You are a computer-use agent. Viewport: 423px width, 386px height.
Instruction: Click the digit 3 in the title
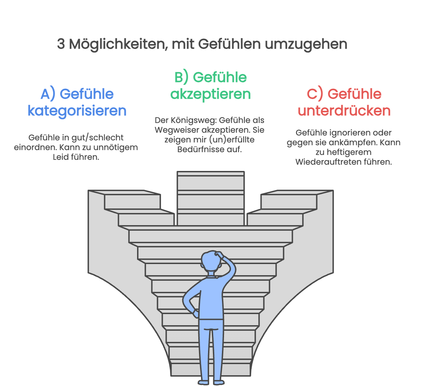(61, 44)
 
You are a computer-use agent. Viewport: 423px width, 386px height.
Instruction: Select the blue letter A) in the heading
(48, 94)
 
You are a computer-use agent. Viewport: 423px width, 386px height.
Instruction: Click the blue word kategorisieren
(77, 111)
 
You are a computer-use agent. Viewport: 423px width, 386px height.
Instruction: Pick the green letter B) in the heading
(181, 77)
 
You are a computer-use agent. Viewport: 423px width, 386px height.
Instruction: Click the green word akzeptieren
(210, 94)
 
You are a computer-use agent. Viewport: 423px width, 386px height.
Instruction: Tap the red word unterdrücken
(344, 111)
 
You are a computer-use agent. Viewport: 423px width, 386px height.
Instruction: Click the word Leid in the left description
(60, 157)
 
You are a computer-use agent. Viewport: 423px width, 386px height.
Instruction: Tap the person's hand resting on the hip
(195, 314)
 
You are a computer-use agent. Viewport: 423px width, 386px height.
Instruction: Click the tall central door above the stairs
(210, 198)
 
